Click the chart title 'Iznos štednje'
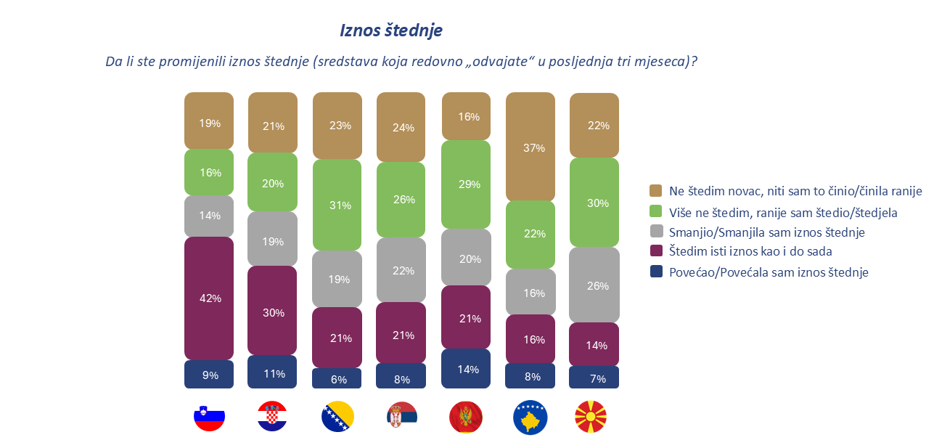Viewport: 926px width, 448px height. coord(391,30)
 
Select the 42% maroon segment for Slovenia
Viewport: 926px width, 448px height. coord(209,298)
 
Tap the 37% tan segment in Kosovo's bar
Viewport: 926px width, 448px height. coord(530,147)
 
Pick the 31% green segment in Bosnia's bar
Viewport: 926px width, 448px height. coord(337,205)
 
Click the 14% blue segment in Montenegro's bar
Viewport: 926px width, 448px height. coord(466,369)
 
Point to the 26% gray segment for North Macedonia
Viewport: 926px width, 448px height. coord(594,285)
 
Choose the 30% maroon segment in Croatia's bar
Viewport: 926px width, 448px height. coord(273,313)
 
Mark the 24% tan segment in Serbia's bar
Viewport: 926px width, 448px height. coord(401,128)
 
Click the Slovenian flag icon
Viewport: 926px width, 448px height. coord(209,417)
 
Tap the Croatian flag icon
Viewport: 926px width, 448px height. coord(273,417)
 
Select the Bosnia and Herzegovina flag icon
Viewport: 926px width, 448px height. coord(337,417)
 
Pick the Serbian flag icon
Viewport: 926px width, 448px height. coord(401,417)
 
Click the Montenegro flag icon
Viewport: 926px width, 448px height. coord(466,417)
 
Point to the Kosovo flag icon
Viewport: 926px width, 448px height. coord(530,417)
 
